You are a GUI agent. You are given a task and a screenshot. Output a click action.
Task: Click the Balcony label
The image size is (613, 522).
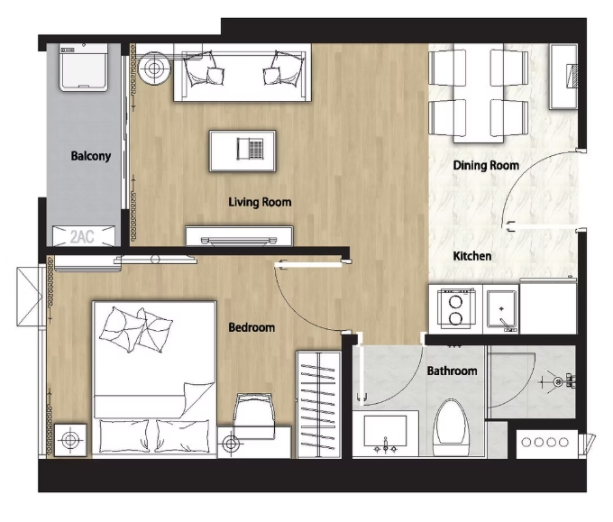tap(90, 156)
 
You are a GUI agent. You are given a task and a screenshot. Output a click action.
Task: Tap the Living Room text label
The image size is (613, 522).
tap(260, 202)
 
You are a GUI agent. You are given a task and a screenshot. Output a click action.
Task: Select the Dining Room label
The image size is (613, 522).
tap(486, 166)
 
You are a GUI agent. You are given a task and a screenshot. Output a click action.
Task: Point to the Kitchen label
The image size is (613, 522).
tap(472, 256)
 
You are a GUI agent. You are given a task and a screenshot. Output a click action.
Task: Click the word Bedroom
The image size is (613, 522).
tap(252, 327)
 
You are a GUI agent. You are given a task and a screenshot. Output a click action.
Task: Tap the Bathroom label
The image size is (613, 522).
tap(452, 371)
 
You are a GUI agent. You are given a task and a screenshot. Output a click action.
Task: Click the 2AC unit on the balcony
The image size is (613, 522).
tap(82, 236)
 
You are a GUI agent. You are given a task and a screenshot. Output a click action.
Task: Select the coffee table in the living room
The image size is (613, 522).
tap(242, 150)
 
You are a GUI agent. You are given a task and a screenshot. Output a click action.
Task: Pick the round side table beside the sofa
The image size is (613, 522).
tap(155, 69)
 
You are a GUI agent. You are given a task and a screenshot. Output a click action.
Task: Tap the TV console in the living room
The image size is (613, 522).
tap(239, 236)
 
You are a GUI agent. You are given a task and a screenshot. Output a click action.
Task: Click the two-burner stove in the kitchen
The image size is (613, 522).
tap(454, 308)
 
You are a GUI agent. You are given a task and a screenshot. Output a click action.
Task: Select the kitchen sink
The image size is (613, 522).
tap(500, 309)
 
